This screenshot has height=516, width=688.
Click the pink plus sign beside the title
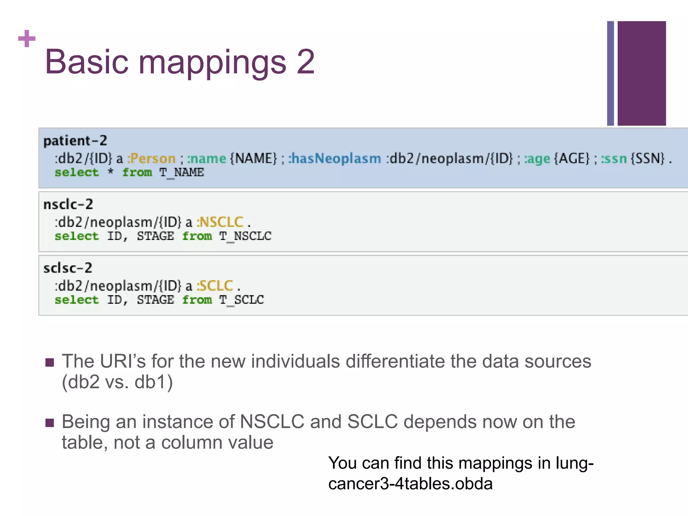point(27,39)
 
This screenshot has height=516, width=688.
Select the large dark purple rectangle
point(641,73)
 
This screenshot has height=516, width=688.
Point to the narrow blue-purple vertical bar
point(610,73)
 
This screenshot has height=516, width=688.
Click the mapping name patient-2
point(75,141)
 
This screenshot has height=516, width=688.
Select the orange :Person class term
point(152,159)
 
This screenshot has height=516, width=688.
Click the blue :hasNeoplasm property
point(335,159)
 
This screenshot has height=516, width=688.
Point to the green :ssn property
point(614,159)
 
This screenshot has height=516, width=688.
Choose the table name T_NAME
point(181,173)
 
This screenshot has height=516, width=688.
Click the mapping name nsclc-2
point(68,204)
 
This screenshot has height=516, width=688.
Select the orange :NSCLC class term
point(220,222)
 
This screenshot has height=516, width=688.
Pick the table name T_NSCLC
point(245,236)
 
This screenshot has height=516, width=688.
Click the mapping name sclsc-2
point(68,268)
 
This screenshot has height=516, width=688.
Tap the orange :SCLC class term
point(215,286)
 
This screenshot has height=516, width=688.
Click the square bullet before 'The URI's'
point(50,362)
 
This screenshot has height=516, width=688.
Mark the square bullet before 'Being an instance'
point(50,423)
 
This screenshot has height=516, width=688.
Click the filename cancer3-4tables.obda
point(410,484)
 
